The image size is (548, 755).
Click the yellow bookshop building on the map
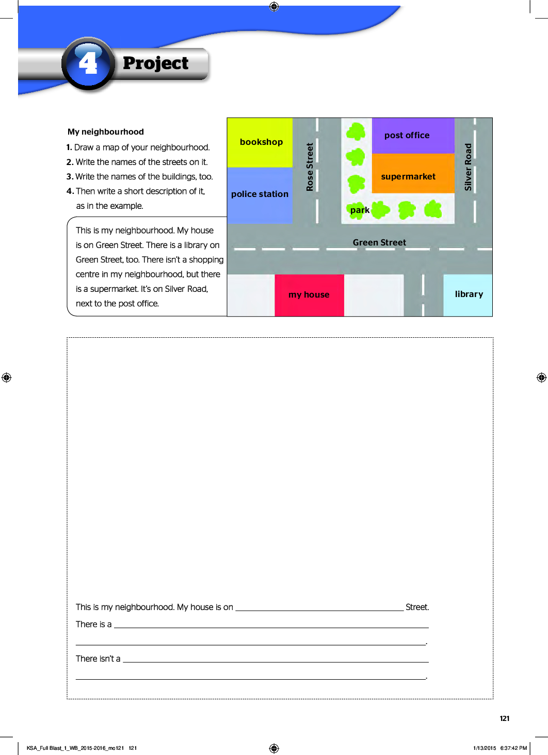[260, 142]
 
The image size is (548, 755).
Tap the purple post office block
[413, 136]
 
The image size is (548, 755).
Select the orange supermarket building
[413, 173]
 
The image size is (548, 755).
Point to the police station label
[260, 194]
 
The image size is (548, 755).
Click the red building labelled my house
[309, 296]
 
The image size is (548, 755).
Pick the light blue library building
[468, 296]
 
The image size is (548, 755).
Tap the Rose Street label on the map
[310, 167]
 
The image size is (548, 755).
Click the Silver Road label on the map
[468, 167]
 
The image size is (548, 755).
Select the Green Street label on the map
[379, 242]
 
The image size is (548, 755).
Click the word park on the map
[360, 210]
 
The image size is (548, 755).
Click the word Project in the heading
[155, 63]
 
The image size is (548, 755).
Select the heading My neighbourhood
[106, 132]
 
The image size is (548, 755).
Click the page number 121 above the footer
[505, 718]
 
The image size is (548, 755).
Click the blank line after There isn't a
[276, 662]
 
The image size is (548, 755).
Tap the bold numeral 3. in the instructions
[70, 176]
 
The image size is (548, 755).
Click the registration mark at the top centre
[274, 6]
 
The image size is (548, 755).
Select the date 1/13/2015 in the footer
[485, 748]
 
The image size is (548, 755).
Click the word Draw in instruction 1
[84, 147]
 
